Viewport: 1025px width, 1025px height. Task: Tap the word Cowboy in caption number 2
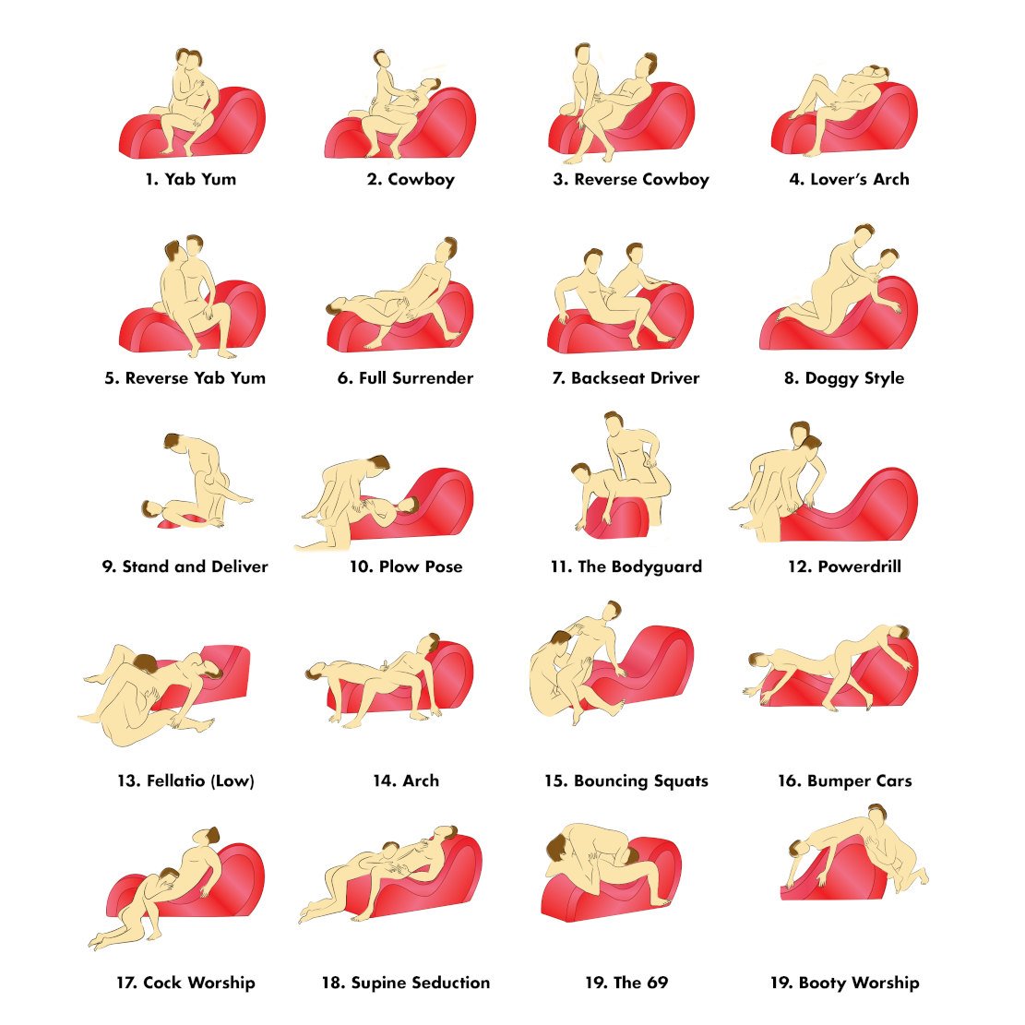(x=421, y=179)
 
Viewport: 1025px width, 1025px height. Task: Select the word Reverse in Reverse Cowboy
(x=604, y=179)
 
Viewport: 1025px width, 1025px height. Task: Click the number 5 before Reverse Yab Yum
(x=111, y=378)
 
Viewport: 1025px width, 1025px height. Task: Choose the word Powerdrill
(x=860, y=566)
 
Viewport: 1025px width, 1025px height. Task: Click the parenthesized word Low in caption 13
(x=234, y=781)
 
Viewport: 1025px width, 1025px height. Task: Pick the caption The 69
(x=626, y=983)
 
